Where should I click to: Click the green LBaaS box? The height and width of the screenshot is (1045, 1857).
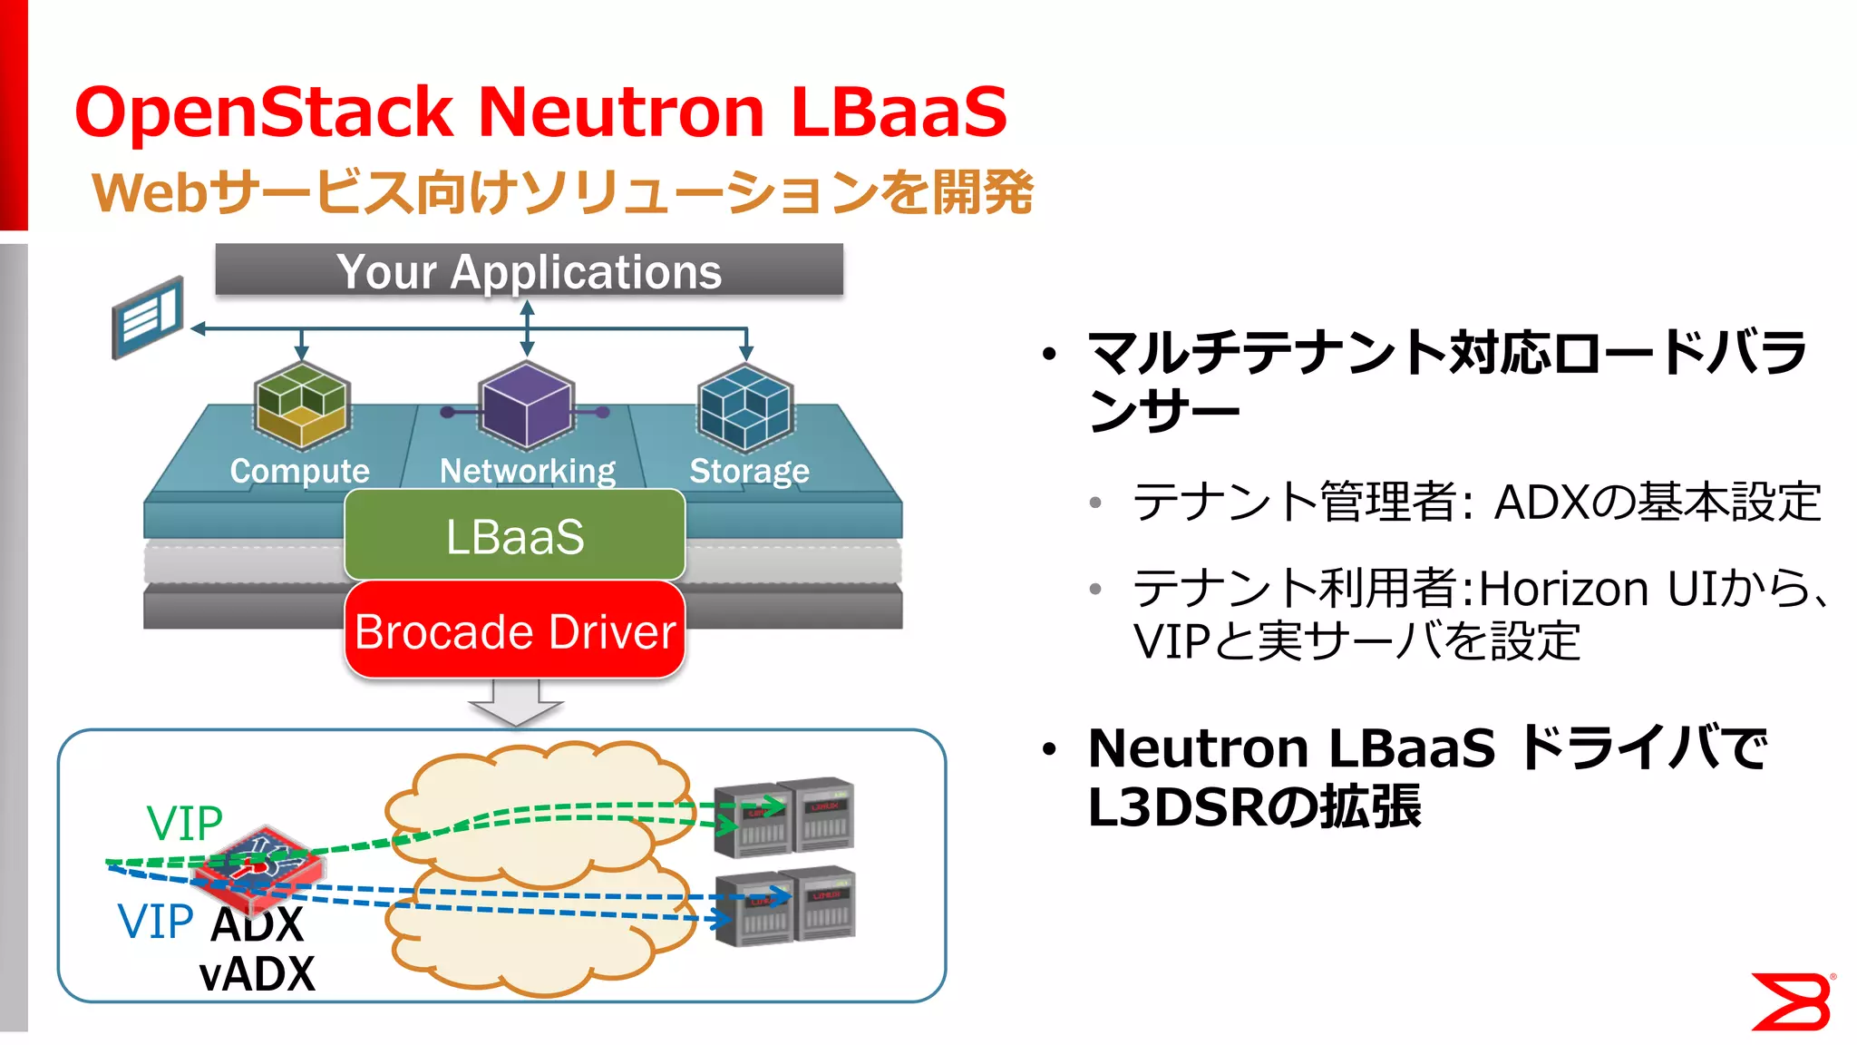[x=514, y=535]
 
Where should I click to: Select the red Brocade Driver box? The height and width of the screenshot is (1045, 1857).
[x=514, y=631]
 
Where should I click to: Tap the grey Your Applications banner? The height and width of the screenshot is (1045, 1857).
[x=529, y=270]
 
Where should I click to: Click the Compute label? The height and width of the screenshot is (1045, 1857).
[x=299, y=471]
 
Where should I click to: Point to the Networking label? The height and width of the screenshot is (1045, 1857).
[x=527, y=471]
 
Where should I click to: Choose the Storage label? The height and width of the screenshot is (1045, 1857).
[x=749, y=471]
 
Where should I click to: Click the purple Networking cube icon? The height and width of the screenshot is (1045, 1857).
[x=526, y=405]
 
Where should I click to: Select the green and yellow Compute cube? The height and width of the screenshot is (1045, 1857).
[x=301, y=405]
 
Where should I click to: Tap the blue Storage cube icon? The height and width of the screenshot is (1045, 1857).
[x=745, y=406]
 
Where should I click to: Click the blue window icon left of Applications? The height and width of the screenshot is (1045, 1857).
[x=148, y=317]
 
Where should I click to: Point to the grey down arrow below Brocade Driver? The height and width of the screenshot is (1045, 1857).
[x=515, y=703]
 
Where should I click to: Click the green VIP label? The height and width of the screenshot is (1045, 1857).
[x=184, y=824]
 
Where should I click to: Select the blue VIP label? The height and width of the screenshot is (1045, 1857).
[x=155, y=922]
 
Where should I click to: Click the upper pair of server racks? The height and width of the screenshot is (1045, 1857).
[x=783, y=816]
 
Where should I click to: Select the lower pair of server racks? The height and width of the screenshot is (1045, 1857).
[x=784, y=907]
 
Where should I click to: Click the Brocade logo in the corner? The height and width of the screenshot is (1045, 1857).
[x=1791, y=1001]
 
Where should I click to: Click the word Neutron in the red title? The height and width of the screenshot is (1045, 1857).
[x=621, y=112]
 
